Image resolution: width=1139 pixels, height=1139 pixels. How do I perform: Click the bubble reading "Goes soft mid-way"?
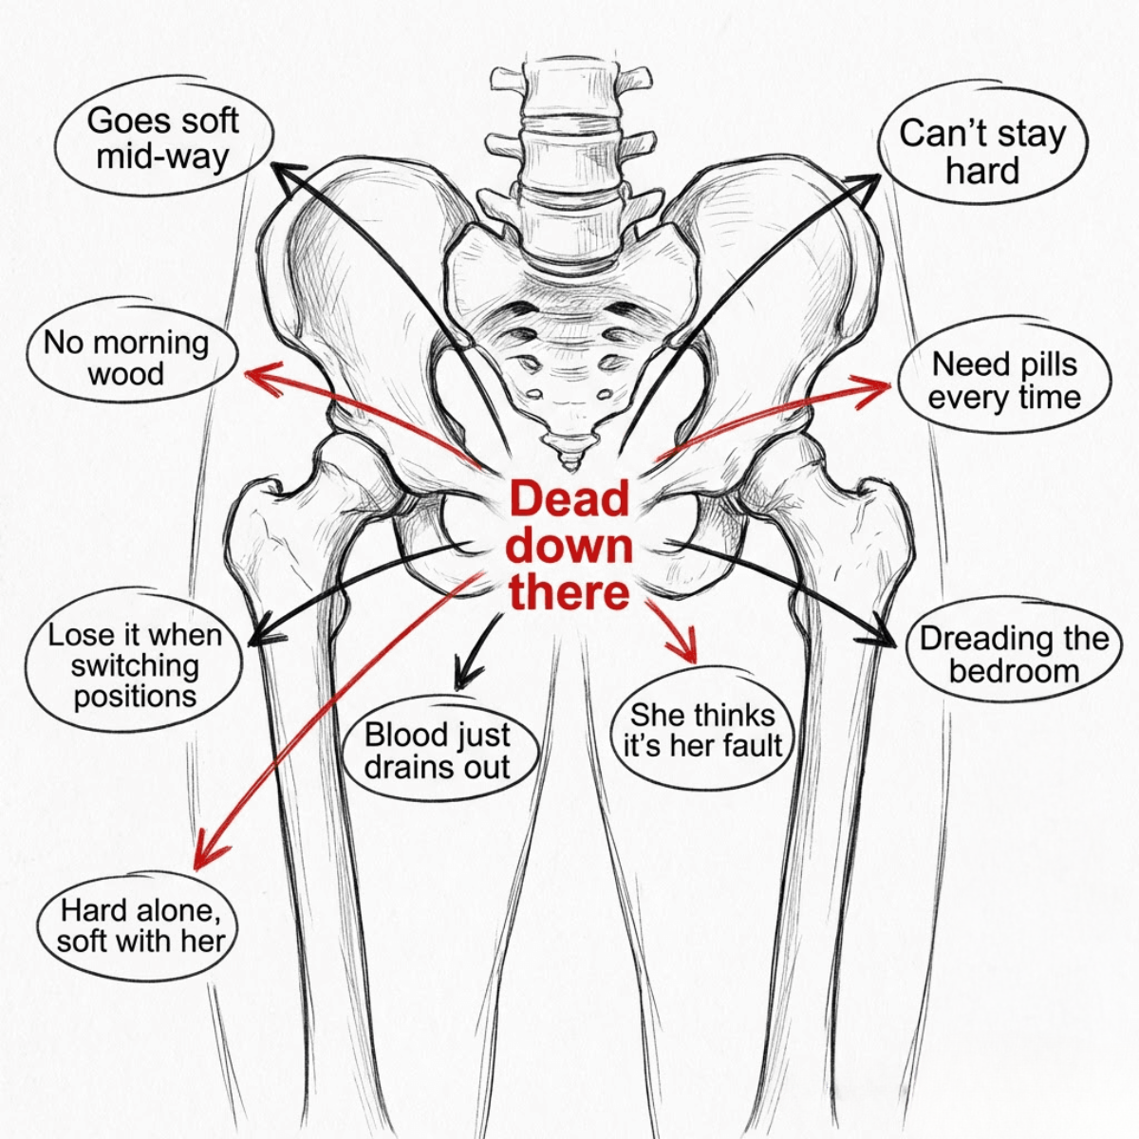point(165,140)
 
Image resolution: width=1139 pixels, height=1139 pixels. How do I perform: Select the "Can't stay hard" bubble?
point(982,152)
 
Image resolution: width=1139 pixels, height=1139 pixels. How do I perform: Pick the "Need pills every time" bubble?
point(1004,382)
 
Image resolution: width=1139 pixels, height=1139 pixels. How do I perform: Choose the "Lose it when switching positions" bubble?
point(134,665)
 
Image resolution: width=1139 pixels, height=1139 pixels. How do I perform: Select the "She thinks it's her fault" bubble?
point(702,731)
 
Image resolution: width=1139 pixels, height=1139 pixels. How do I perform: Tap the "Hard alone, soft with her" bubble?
point(137,926)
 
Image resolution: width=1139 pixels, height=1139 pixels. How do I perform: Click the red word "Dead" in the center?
point(569,498)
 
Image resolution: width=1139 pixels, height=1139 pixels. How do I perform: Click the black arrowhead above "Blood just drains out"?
point(467,676)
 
